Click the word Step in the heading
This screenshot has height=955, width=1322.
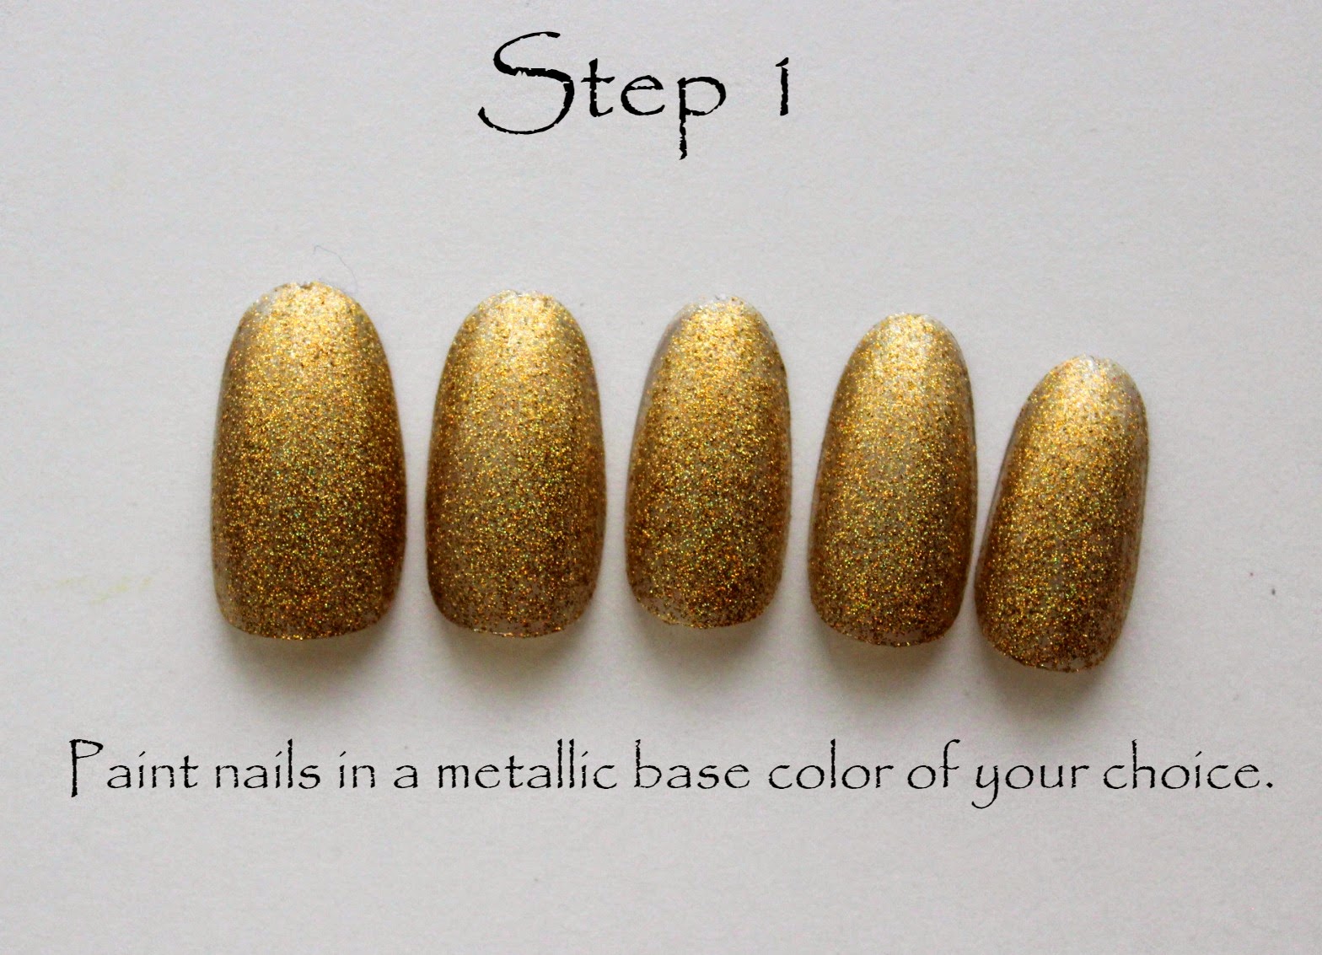pos(602,94)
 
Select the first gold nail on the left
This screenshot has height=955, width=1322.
pos(309,461)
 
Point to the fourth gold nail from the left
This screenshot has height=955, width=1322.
pos(894,479)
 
